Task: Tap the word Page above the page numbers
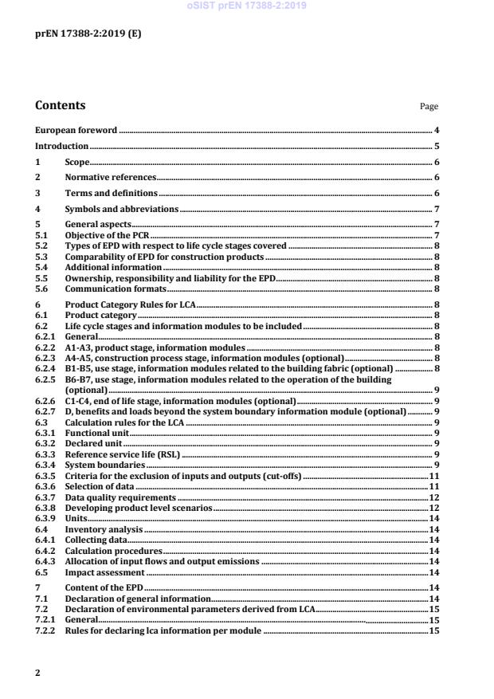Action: click(429, 107)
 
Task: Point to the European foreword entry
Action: click(76, 129)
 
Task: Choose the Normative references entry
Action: click(110, 177)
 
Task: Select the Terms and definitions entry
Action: click(111, 194)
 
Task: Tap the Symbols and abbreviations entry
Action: click(121, 210)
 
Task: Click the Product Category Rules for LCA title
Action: click(130, 305)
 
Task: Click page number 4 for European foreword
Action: click(437, 129)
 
